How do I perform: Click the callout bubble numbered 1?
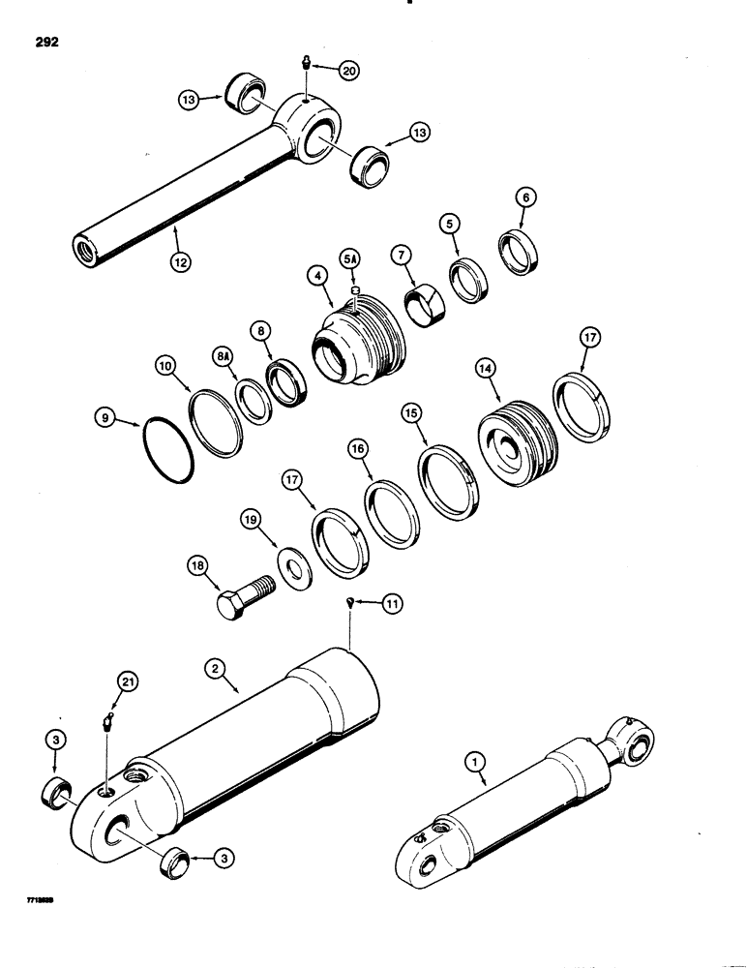[472, 762]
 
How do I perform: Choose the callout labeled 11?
[391, 605]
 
